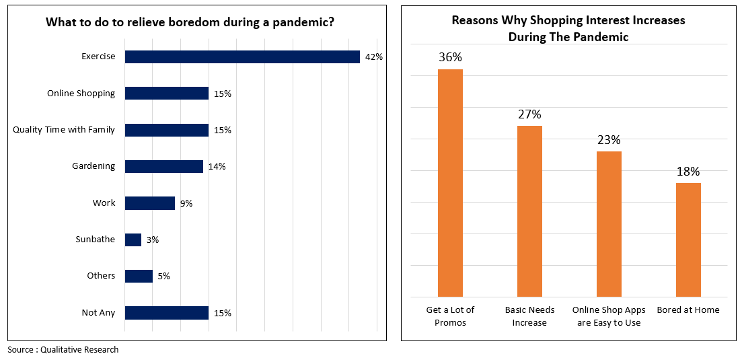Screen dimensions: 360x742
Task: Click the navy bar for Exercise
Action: pos(242,57)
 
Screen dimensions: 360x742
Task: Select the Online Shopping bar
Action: pos(167,94)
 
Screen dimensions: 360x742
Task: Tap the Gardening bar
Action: pos(164,166)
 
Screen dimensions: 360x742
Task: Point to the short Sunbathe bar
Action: pos(133,240)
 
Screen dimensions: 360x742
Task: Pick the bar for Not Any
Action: pos(167,313)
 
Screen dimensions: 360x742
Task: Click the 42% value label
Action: pos(373,57)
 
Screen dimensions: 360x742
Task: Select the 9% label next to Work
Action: pos(186,203)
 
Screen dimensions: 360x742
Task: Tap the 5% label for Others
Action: pos(163,276)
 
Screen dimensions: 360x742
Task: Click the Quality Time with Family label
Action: pos(64,130)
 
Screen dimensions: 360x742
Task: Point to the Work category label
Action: pos(104,203)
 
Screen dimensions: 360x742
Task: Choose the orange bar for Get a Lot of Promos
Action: pos(450,182)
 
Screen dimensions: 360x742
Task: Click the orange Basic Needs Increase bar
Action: pos(529,211)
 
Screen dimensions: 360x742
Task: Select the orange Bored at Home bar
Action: pos(688,240)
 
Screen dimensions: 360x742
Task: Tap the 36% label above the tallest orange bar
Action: pos(450,57)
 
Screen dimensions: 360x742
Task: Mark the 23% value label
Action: pos(609,140)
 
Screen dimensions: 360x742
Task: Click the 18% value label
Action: pos(688,172)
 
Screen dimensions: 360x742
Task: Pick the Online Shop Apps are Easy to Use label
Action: pos(609,316)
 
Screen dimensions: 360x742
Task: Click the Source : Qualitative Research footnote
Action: pos(63,350)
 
